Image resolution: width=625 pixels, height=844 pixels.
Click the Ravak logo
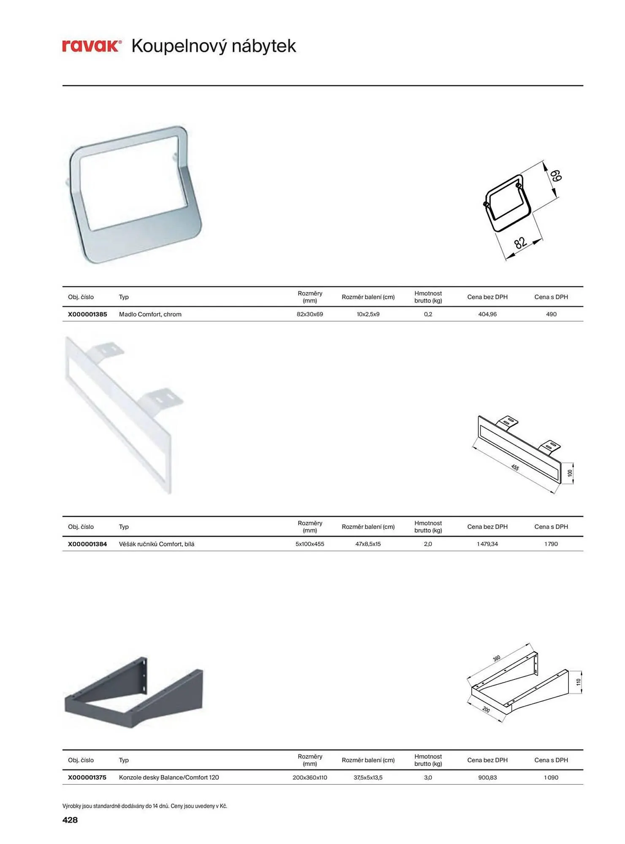[92, 46]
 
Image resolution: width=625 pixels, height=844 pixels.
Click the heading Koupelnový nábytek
[214, 46]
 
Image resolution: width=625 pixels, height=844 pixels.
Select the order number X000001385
[87, 314]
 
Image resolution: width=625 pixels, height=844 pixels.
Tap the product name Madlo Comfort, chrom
[150, 314]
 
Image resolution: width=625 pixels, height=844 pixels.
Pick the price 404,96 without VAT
[487, 314]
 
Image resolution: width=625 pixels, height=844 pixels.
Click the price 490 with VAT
[551, 314]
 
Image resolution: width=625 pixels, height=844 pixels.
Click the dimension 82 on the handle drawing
[520, 242]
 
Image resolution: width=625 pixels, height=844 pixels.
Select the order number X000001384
[87, 544]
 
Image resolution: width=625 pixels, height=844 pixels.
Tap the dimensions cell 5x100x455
[310, 544]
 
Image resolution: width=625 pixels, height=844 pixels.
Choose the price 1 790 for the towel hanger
[551, 544]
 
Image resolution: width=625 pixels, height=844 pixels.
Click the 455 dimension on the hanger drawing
[515, 468]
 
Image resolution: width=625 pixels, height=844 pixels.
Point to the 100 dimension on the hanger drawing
[570, 473]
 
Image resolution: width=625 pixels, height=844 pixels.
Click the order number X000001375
[87, 777]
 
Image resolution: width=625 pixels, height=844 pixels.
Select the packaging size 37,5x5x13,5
[368, 777]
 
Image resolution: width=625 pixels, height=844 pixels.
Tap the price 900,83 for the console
[487, 777]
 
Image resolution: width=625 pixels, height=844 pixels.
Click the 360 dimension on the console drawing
[497, 658]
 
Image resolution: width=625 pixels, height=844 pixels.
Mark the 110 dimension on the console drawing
[579, 682]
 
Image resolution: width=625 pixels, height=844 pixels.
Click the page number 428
[70, 820]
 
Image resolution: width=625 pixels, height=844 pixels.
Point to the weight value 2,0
[428, 544]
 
